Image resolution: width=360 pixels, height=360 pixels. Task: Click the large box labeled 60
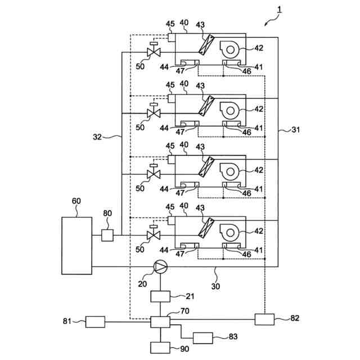[76, 245]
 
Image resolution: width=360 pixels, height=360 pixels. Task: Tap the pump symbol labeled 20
[160, 267]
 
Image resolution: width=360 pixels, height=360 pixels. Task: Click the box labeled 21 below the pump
[160, 296]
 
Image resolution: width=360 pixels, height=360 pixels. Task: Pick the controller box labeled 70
[160, 322]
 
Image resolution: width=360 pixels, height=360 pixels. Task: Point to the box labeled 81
[95, 322]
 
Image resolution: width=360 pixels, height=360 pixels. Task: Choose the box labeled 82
[264, 319]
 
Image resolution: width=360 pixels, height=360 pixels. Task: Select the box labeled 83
[202, 338]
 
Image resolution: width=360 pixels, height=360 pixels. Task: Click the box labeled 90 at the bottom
[160, 348]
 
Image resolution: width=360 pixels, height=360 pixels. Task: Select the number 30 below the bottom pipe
[215, 285]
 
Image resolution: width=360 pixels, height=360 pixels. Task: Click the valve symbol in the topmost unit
[152, 52]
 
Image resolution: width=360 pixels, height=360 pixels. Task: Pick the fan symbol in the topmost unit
[231, 48]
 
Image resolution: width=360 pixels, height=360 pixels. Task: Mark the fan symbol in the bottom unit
[231, 231]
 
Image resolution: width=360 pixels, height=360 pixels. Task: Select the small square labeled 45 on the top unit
[172, 37]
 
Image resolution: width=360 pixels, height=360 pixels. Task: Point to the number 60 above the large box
[77, 201]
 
